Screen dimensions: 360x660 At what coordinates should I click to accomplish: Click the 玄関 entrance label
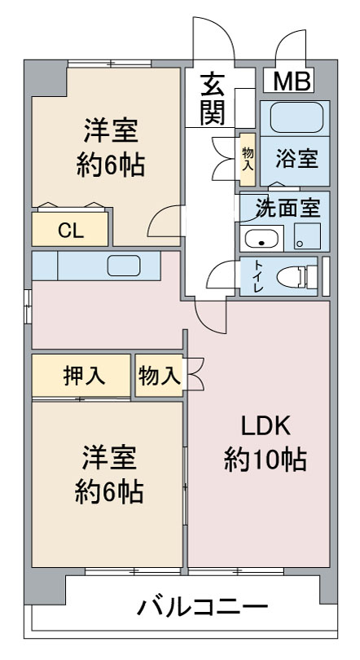click(x=213, y=99)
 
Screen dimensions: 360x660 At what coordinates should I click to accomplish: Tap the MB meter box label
click(x=292, y=81)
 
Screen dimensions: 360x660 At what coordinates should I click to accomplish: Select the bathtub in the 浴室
click(x=296, y=118)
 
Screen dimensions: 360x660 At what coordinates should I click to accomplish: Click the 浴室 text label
click(x=296, y=159)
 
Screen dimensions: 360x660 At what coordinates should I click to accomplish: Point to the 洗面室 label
click(x=288, y=208)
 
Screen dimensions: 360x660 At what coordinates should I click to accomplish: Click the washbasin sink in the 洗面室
click(x=261, y=239)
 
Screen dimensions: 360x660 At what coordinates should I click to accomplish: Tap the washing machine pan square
click(x=307, y=236)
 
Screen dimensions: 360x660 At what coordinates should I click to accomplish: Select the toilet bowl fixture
click(x=297, y=277)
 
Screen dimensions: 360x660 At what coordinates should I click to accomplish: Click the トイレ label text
click(x=258, y=277)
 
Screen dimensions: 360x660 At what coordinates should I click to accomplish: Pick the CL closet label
click(x=71, y=231)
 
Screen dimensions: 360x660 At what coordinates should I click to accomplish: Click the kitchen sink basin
click(x=124, y=266)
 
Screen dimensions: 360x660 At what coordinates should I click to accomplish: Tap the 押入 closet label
click(x=84, y=375)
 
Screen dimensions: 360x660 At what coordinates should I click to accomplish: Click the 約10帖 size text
click(x=265, y=460)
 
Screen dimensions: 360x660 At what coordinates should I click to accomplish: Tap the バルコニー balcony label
click(x=202, y=606)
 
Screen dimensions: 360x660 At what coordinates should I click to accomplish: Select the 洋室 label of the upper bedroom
click(x=111, y=130)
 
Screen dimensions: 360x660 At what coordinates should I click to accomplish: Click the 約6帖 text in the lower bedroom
click(x=109, y=491)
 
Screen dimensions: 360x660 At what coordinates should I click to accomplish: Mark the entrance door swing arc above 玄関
click(x=223, y=29)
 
